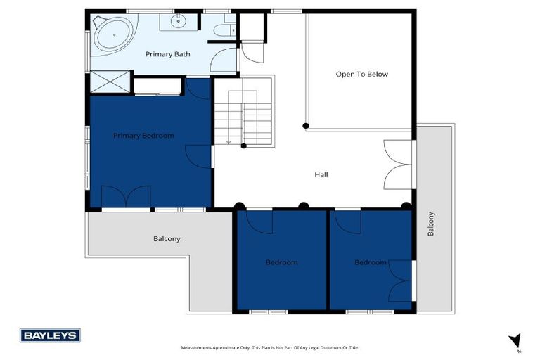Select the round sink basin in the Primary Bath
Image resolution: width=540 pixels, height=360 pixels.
tap(178, 22)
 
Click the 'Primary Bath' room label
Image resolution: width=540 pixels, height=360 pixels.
tap(164, 54)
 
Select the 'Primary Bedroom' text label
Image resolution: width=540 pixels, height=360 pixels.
tap(143, 135)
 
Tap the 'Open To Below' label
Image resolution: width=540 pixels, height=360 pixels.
tap(361, 74)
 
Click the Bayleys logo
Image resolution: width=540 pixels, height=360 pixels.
tap(50, 335)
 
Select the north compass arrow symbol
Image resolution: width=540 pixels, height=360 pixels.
tap(515, 340)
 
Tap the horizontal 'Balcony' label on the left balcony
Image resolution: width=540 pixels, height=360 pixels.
tap(167, 239)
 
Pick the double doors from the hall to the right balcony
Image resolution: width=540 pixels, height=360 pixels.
tap(397, 165)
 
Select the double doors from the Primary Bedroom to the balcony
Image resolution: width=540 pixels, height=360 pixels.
tap(126, 196)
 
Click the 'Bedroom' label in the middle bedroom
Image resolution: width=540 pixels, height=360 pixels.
tap(281, 262)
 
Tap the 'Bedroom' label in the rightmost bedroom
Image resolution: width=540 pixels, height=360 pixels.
tap(370, 262)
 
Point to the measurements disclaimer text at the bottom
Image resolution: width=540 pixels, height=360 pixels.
tap(270, 348)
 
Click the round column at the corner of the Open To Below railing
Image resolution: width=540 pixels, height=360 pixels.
tap(305, 127)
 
